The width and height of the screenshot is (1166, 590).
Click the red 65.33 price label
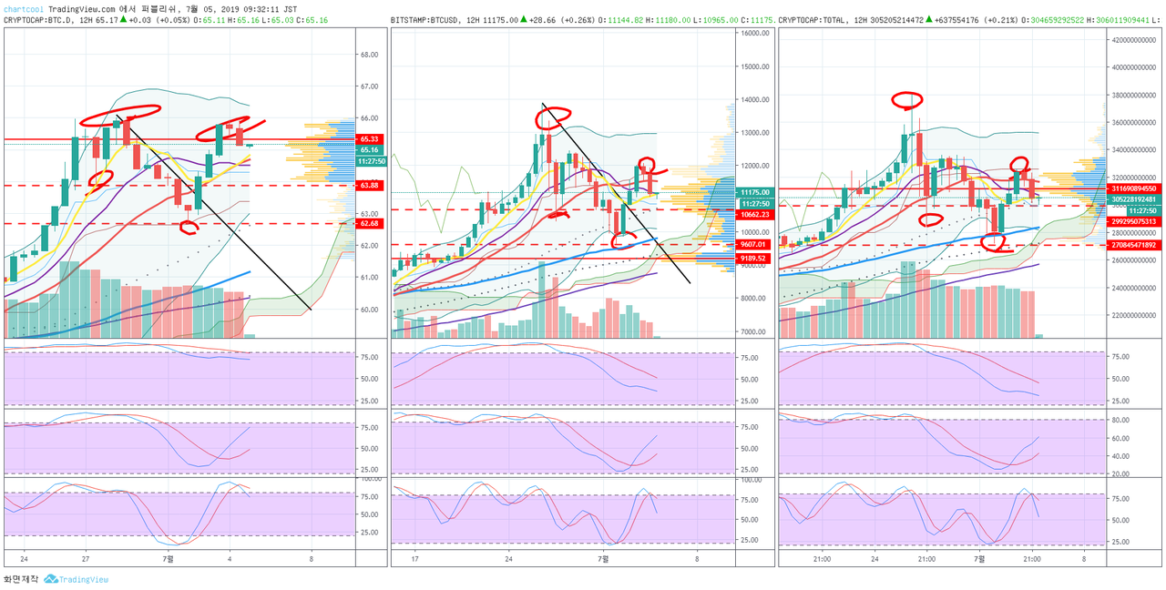tap(369, 139)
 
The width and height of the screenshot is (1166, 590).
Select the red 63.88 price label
tap(369, 186)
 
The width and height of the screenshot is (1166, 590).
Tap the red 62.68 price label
tap(369, 223)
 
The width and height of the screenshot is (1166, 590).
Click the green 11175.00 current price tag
tap(756, 193)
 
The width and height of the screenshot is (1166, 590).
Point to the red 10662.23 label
tap(756, 215)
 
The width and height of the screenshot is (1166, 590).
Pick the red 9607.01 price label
tap(756, 244)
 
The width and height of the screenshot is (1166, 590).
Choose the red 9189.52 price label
tap(756, 259)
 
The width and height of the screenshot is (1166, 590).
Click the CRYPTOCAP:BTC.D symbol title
tap(37, 19)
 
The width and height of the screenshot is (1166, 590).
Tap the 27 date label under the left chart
tap(85, 559)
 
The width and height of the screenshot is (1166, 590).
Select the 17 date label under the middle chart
tap(415, 559)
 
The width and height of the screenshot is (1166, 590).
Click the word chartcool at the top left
tap(23, 9)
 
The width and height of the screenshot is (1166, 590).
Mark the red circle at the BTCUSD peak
tap(554, 117)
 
